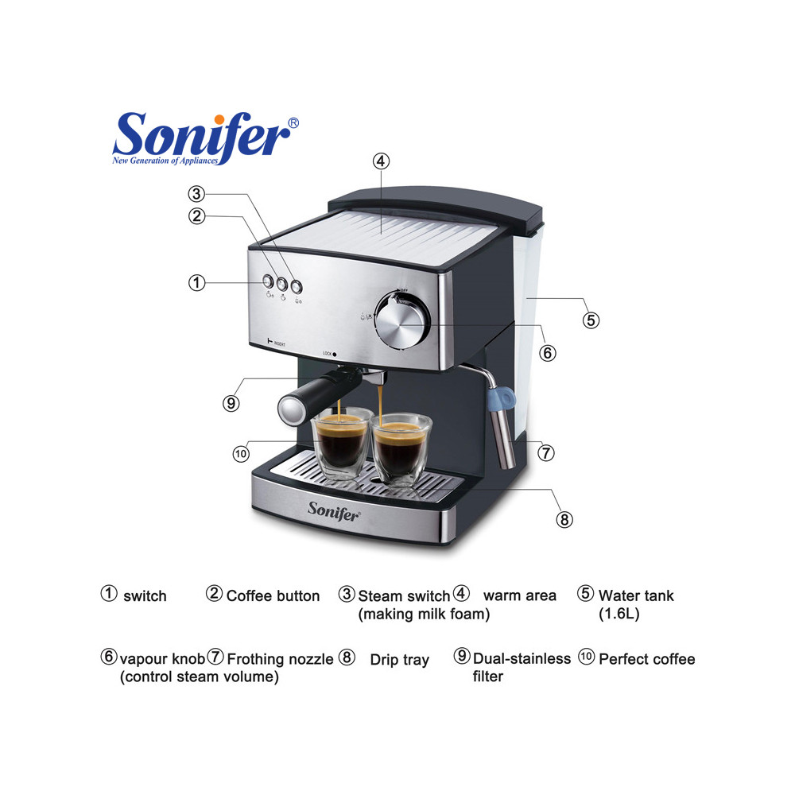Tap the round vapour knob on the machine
click(401, 321)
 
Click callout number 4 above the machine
click(381, 161)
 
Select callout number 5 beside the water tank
click(590, 320)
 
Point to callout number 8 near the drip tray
click(564, 519)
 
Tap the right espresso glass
click(401, 449)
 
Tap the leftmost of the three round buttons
click(268, 281)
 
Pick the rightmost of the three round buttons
click(297, 286)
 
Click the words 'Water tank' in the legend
click(636, 595)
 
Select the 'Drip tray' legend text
click(399, 660)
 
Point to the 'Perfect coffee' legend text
click(646, 659)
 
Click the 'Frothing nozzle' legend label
click(280, 659)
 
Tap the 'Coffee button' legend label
click(273, 595)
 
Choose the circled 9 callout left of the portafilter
click(231, 403)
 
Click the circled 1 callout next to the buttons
click(197, 282)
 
